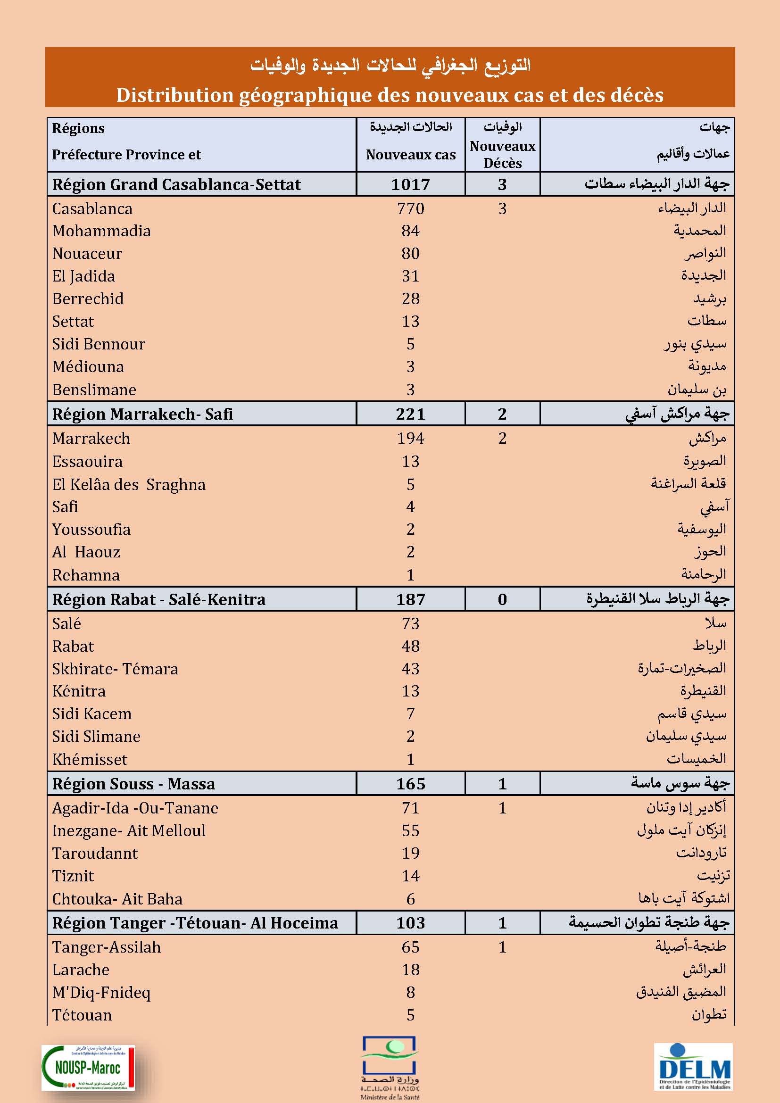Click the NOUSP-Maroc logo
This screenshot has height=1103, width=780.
point(88,1068)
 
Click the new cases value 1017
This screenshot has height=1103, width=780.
point(410,184)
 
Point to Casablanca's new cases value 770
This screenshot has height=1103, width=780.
point(410,208)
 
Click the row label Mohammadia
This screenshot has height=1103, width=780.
point(101,231)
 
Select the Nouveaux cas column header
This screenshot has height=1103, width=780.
point(411,155)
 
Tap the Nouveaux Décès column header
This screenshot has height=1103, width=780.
point(502,154)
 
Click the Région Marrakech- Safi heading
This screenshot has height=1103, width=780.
point(142,414)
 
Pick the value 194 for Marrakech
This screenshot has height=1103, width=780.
point(410,438)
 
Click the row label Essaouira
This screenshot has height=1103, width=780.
point(87,462)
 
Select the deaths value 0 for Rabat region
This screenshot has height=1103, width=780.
point(502,599)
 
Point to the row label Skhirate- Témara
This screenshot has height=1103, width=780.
point(115,669)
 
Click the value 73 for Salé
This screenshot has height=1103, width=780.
point(410,623)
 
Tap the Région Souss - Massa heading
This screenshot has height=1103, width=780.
point(133,784)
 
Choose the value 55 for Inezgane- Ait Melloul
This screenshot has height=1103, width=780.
point(410,830)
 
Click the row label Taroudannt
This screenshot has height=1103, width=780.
point(95,853)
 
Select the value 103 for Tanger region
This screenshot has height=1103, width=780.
point(410,923)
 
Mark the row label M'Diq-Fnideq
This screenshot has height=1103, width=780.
point(101,992)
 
